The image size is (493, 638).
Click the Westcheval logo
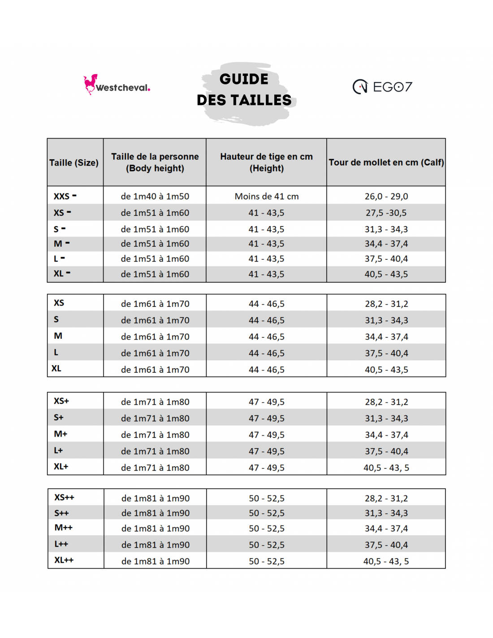pyautogui.click(x=117, y=85)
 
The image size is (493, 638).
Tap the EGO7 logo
pyautogui.click(x=382, y=87)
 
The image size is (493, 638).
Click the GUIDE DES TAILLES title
pyautogui.click(x=244, y=90)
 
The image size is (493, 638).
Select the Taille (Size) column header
pyautogui.click(x=74, y=162)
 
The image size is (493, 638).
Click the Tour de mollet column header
pyautogui.click(x=386, y=162)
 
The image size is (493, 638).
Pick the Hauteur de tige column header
pyautogui.click(x=267, y=162)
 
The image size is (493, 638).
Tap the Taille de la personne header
pyautogui.click(x=155, y=162)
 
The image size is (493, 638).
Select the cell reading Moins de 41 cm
pyautogui.click(x=267, y=196)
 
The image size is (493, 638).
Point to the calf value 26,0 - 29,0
pyautogui.click(x=386, y=196)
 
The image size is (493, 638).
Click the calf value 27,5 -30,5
pyautogui.click(x=386, y=213)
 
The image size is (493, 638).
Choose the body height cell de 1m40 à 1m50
pyautogui.click(x=155, y=196)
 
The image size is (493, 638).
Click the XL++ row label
pyautogui.click(x=64, y=560)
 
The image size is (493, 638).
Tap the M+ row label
pyautogui.click(x=61, y=434)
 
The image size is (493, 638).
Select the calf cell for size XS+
pyautogui.click(x=386, y=402)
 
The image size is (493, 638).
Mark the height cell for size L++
pyautogui.click(x=267, y=545)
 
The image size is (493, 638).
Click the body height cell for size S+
pyautogui.click(x=155, y=418)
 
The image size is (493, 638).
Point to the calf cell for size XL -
pyautogui.click(x=386, y=274)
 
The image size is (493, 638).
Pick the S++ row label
pyautogui.click(x=62, y=513)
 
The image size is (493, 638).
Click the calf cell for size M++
pyautogui.click(x=386, y=529)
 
